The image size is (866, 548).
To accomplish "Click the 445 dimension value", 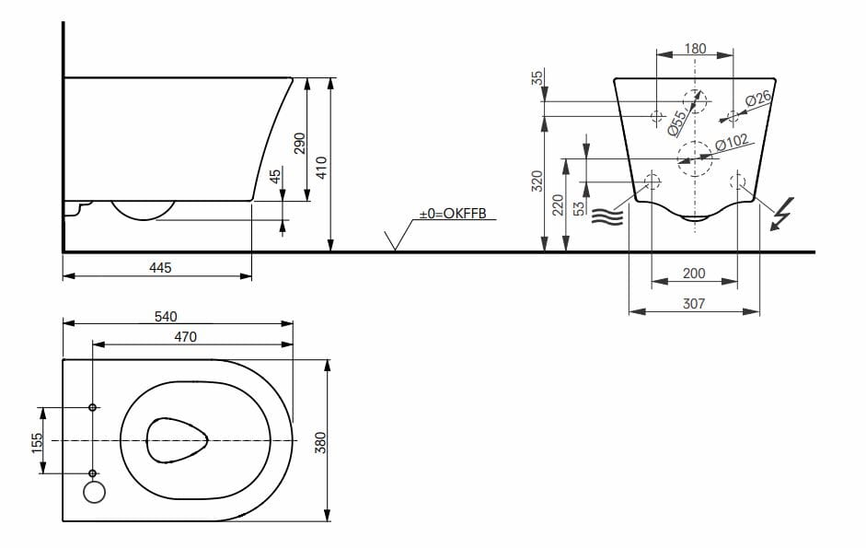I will (x=160, y=267).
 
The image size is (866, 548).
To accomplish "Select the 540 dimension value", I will (x=166, y=316).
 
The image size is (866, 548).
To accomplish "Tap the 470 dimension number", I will (x=185, y=337).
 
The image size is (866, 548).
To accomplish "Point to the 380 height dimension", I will (x=320, y=442).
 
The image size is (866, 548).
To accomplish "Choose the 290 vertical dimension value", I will (x=298, y=143).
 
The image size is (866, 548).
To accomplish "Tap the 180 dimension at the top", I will (x=696, y=49).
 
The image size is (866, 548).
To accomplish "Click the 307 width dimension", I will (x=695, y=303).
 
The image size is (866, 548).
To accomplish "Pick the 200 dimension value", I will (x=695, y=274).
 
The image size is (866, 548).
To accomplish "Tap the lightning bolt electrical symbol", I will (x=780, y=214).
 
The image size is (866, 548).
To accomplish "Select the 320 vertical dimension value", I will (x=537, y=181).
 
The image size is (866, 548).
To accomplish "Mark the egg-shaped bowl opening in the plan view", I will (x=178, y=440).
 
